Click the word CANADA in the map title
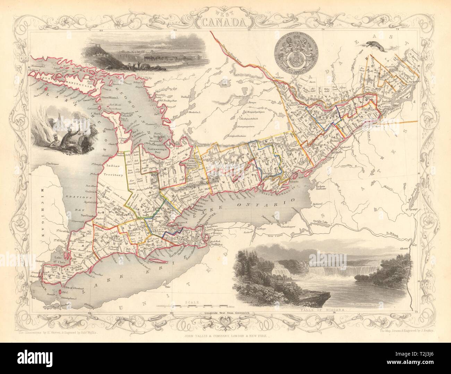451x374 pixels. click(226, 23)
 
